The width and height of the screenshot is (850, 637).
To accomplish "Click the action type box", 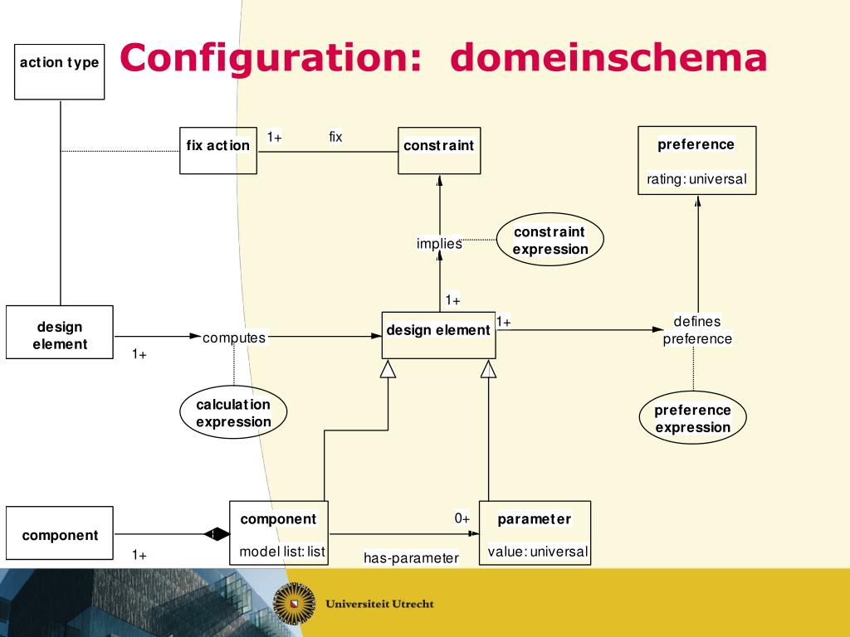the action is click(60, 72).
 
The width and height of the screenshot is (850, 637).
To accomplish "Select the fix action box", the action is click(218, 151).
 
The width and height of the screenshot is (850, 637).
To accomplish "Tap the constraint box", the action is click(439, 151).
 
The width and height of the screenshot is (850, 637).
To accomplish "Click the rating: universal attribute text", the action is click(696, 179).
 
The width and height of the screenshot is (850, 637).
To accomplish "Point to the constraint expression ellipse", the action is click(550, 240).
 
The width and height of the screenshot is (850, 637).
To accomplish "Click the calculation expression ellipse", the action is click(233, 412).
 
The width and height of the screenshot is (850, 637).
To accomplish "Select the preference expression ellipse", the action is click(693, 418).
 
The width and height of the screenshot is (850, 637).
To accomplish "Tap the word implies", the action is click(439, 244).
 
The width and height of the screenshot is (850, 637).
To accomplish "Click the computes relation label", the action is click(234, 338).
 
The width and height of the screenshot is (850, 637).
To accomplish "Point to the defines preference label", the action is click(697, 330).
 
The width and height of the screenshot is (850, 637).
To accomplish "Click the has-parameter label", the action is click(412, 558).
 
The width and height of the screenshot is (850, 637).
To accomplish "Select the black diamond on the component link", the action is click(217, 534).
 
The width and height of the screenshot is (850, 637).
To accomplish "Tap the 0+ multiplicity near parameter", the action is click(462, 518).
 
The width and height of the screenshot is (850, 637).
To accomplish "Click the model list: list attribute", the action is click(282, 552).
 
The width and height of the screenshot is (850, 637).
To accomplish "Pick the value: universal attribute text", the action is click(538, 552).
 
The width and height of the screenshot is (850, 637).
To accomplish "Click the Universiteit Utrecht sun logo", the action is click(295, 604).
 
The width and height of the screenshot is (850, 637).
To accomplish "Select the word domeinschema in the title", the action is click(608, 57).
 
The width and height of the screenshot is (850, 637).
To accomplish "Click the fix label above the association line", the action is click(335, 137).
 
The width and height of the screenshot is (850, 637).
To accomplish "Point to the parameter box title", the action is click(535, 519).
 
